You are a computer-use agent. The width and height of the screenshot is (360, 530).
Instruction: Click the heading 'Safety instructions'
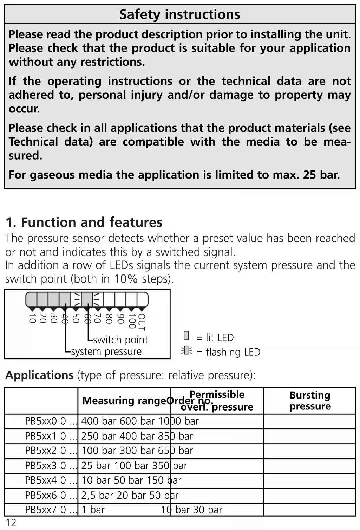pyautogui.click(x=179, y=14)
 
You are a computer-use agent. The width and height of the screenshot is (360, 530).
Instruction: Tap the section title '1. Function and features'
pyautogui.click(x=84, y=222)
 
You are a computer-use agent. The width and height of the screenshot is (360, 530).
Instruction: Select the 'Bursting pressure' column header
pyautogui.click(x=310, y=401)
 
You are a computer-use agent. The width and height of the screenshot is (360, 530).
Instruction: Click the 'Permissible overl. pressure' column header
pyautogui.click(x=217, y=401)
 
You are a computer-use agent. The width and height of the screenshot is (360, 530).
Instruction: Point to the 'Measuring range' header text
pyautogui.click(x=124, y=401)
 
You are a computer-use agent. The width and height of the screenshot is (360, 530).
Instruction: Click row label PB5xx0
pyautogui.click(x=41, y=421)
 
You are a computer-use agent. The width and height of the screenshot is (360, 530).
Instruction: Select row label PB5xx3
pyautogui.click(x=41, y=466)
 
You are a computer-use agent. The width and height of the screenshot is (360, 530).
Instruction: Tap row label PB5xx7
pyautogui.click(x=41, y=510)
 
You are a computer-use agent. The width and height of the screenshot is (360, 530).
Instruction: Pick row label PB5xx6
pyautogui.click(x=41, y=495)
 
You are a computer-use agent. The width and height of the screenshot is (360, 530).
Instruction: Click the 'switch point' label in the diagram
pyautogui.click(x=120, y=340)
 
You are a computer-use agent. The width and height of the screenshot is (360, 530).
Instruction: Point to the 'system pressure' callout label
pyautogui.click(x=106, y=351)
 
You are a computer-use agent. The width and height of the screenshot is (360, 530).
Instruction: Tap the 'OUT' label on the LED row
pyautogui.click(x=142, y=322)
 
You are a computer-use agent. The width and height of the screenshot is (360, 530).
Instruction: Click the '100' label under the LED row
pyautogui.click(x=132, y=321)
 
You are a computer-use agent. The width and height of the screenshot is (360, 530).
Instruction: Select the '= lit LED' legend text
pyautogui.click(x=215, y=338)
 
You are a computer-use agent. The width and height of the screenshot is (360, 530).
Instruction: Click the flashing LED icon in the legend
pyautogui.click(x=186, y=350)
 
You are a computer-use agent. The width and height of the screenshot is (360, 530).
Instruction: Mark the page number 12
pyautogui.click(x=11, y=523)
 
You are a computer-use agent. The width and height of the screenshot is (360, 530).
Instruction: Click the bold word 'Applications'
pyautogui.click(x=39, y=375)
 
